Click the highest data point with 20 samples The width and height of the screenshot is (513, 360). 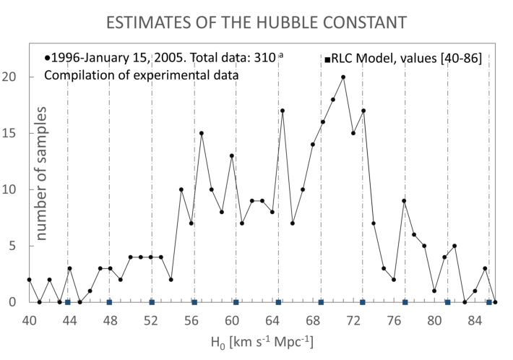point(343,77)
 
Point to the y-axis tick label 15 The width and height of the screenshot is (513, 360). point(16,134)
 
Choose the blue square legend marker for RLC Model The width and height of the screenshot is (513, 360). point(327,58)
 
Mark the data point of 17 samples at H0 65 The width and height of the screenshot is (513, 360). point(283,111)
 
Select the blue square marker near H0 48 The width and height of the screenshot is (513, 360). point(109,302)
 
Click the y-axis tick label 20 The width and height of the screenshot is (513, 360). point(16,77)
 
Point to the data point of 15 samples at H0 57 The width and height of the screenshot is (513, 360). point(202,133)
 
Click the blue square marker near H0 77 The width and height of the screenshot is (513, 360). point(405,302)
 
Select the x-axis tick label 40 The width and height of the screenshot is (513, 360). point(29,319)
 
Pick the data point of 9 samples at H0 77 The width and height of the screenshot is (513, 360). point(405,201)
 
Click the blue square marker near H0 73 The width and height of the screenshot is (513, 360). point(363,302)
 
